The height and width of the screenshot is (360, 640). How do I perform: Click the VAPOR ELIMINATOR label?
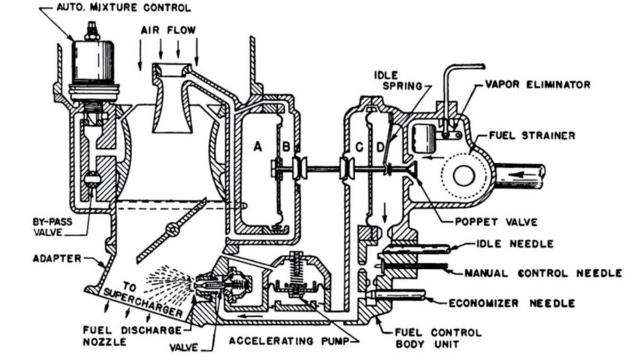[538, 85]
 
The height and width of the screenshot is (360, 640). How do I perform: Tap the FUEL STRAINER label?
[532, 135]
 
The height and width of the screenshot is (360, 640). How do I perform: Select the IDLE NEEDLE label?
[515, 244]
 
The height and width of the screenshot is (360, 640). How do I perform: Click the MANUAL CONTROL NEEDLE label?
[543, 273]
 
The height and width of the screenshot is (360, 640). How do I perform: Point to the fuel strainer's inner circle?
[462, 174]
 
